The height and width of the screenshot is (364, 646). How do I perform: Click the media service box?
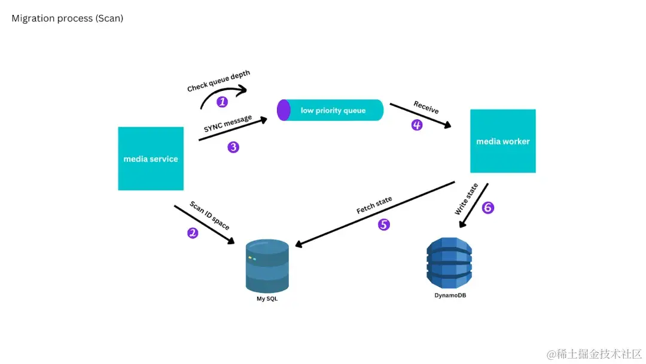point(151,159)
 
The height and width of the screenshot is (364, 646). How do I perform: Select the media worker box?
point(502,141)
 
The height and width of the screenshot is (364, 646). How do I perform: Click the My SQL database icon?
point(267,265)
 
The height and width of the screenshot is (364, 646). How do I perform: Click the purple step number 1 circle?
point(222,102)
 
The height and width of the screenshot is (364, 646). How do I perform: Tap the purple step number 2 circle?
point(193,233)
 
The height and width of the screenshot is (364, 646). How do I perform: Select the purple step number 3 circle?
point(233,147)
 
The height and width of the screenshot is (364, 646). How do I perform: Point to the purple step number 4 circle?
point(417,125)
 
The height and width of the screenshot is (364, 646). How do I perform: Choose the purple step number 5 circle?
point(383,225)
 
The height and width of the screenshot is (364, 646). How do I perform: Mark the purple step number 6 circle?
point(488,208)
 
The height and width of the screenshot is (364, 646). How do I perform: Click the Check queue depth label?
point(218,81)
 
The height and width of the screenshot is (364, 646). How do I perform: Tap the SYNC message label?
point(227,123)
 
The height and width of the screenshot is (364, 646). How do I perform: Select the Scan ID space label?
point(209,216)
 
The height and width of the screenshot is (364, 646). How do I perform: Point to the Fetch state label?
point(374,205)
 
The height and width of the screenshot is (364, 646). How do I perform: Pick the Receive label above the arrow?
point(426,107)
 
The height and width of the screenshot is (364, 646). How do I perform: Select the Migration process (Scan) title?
point(67,19)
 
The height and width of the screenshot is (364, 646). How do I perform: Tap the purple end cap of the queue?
point(284,110)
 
